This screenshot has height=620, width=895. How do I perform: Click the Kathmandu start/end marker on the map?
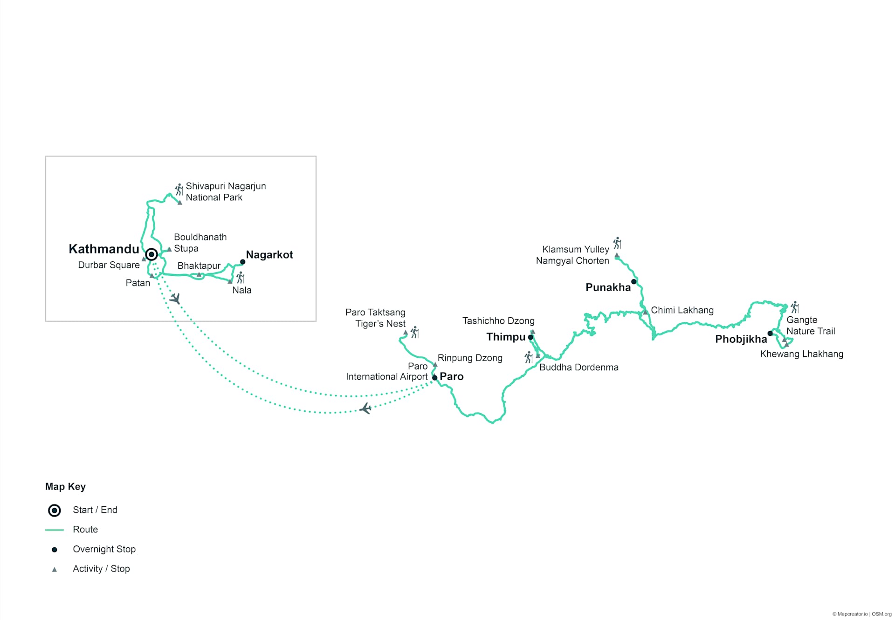(151, 254)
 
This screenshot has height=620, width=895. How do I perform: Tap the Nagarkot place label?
(269, 255)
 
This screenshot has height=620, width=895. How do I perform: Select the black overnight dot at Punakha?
(634, 281)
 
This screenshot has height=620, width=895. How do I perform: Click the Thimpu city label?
(506, 337)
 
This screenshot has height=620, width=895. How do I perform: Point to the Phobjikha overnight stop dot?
(770, 333)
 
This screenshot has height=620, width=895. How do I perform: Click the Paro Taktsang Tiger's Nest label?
(376, 318)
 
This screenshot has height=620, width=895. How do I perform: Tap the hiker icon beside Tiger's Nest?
(414, 333)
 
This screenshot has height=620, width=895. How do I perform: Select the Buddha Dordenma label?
(578, 368)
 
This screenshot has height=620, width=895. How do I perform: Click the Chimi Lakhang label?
(682, 310)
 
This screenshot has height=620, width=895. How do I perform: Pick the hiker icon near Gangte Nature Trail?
(795, 307)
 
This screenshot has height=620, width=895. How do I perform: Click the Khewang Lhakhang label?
(801, 354)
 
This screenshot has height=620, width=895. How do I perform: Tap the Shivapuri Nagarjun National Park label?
(226, 191)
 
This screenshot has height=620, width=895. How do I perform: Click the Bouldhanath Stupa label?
(200, 243)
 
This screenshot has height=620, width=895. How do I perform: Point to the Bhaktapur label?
(199, 266)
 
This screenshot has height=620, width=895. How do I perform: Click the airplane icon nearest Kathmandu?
(175, 298)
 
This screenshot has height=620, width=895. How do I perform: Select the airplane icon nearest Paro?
(366, 409)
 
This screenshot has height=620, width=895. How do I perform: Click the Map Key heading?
(65, 487)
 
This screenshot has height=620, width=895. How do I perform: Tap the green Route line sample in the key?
(55, 530)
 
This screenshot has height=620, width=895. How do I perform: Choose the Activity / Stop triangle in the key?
(55, 569)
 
